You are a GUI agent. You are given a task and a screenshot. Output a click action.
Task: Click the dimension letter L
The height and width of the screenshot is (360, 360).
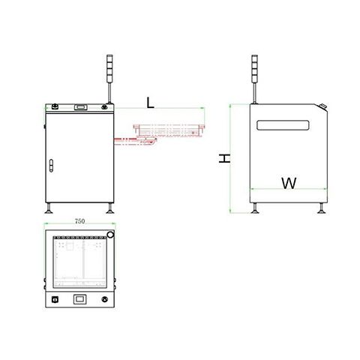(x=150, y=103)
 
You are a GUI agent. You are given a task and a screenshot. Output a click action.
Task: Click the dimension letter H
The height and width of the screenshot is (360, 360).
(x=224, y=158)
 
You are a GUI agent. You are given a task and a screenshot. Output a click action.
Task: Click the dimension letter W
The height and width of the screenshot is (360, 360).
(x=289, y=183)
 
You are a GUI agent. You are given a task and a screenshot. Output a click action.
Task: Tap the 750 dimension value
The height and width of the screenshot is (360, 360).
(x=79, y=221)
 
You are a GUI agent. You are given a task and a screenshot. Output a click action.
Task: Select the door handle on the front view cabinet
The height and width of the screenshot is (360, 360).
(x=51, y=166)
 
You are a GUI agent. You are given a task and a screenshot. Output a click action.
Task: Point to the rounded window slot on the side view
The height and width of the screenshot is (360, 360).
(x=283, y=125)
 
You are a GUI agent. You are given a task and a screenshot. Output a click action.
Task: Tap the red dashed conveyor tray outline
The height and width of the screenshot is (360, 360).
(x=169, y=130)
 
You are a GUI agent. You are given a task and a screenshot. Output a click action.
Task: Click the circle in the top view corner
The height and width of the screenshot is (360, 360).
(x=110, y=235)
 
